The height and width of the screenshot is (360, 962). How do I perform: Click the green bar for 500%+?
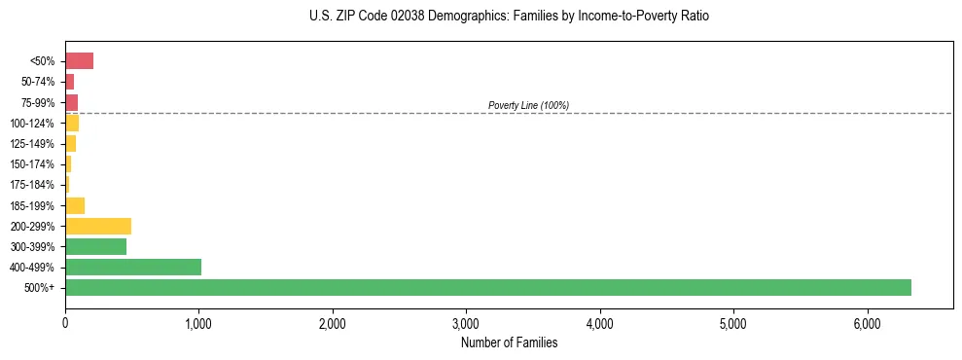[x=486, y=287]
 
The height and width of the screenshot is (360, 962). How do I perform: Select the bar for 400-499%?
[x=132, y=267]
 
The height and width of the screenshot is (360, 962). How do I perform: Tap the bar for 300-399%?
[x=95, y=246]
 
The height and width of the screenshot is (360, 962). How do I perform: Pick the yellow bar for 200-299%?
[x=97, y=226]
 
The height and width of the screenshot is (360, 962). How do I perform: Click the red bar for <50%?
[x=79, y=61]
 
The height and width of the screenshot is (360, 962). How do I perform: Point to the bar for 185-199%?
[x=75, y=205]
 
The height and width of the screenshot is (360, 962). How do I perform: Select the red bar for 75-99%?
[x=71, y=102]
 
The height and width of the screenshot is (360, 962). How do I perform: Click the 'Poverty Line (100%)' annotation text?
[x=528, y=105]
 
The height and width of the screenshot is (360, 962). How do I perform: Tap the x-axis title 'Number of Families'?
[x=509, y=342]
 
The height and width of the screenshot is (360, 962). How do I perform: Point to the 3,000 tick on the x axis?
[x=466, y=324]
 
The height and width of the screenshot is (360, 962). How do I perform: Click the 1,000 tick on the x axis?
[x=198, y=324]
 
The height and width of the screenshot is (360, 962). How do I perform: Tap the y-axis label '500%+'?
[x=40, y=288]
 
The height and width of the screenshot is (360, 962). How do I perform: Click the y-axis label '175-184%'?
[x=32, y=185]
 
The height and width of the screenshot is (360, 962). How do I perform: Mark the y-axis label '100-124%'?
[x=32, y=124]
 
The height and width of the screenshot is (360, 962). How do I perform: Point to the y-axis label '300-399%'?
[x=32, y=247]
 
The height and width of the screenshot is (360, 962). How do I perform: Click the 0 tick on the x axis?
[x=65, y=324]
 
